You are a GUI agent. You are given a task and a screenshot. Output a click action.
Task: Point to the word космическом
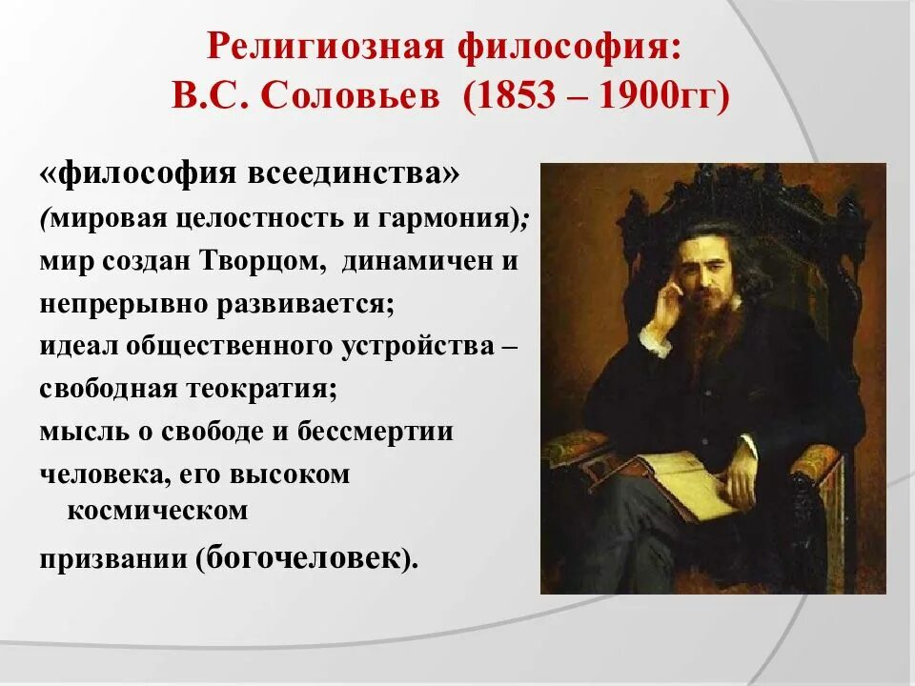157,511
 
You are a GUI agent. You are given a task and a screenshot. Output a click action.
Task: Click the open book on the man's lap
667,481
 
